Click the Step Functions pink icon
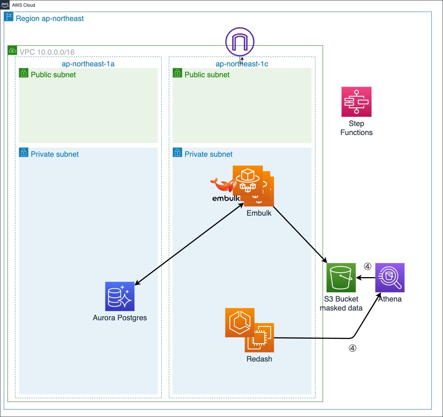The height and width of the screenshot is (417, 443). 356,102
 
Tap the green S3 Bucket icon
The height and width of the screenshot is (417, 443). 341,277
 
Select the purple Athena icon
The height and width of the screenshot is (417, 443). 390,277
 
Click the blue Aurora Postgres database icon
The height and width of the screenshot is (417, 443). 120,296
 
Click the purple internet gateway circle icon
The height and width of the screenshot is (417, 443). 240,42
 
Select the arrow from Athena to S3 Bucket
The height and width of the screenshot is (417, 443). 366,278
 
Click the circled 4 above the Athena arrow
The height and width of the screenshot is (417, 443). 368,267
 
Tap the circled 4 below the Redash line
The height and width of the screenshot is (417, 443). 353,348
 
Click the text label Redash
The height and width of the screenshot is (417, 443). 259,359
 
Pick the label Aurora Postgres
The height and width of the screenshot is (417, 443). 120,318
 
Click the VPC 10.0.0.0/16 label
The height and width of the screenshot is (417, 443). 47,52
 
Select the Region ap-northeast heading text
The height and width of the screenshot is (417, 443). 50,19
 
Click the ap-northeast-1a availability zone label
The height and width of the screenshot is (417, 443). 88,64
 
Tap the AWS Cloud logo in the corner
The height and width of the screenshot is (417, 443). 5,5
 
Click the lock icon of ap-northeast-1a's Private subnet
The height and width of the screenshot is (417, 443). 24,152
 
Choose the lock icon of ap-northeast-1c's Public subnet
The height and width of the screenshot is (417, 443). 177,73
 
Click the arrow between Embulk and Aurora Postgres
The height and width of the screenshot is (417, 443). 189,246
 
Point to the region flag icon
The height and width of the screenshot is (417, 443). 9,17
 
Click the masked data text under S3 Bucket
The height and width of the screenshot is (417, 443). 341,308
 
